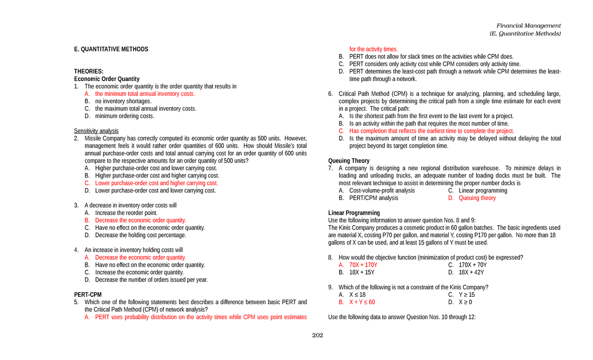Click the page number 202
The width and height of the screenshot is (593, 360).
click(317, 336)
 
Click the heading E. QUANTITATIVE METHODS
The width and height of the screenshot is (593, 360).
click(111, 49)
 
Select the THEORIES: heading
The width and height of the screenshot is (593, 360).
click(89, 72)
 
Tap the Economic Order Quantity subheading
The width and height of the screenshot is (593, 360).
click(107, 79)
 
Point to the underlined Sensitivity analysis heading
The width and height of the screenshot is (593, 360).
click(96, 131)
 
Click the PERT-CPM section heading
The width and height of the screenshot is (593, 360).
click(88, 295)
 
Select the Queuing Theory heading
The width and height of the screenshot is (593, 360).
click(349, 161)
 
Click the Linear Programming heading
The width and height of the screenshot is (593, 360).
click(354, 213)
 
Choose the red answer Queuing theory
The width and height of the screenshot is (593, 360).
click(477, 198)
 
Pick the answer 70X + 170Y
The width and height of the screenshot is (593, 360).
click(363, 265)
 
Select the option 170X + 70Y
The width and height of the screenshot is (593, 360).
click(472, 265)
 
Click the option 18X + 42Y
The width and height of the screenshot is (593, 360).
click(471, 273)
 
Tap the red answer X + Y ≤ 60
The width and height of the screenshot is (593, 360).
click(362, 302)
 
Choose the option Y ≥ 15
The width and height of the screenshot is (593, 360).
click(466, 295)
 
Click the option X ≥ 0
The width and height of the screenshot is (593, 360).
click(465, 302)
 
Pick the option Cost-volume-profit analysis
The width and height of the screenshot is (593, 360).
click(382, 191)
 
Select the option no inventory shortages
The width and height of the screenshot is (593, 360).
click(123, 101)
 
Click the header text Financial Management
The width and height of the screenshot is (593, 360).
click(528, 26)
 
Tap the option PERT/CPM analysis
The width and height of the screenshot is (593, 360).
click(374, 198)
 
